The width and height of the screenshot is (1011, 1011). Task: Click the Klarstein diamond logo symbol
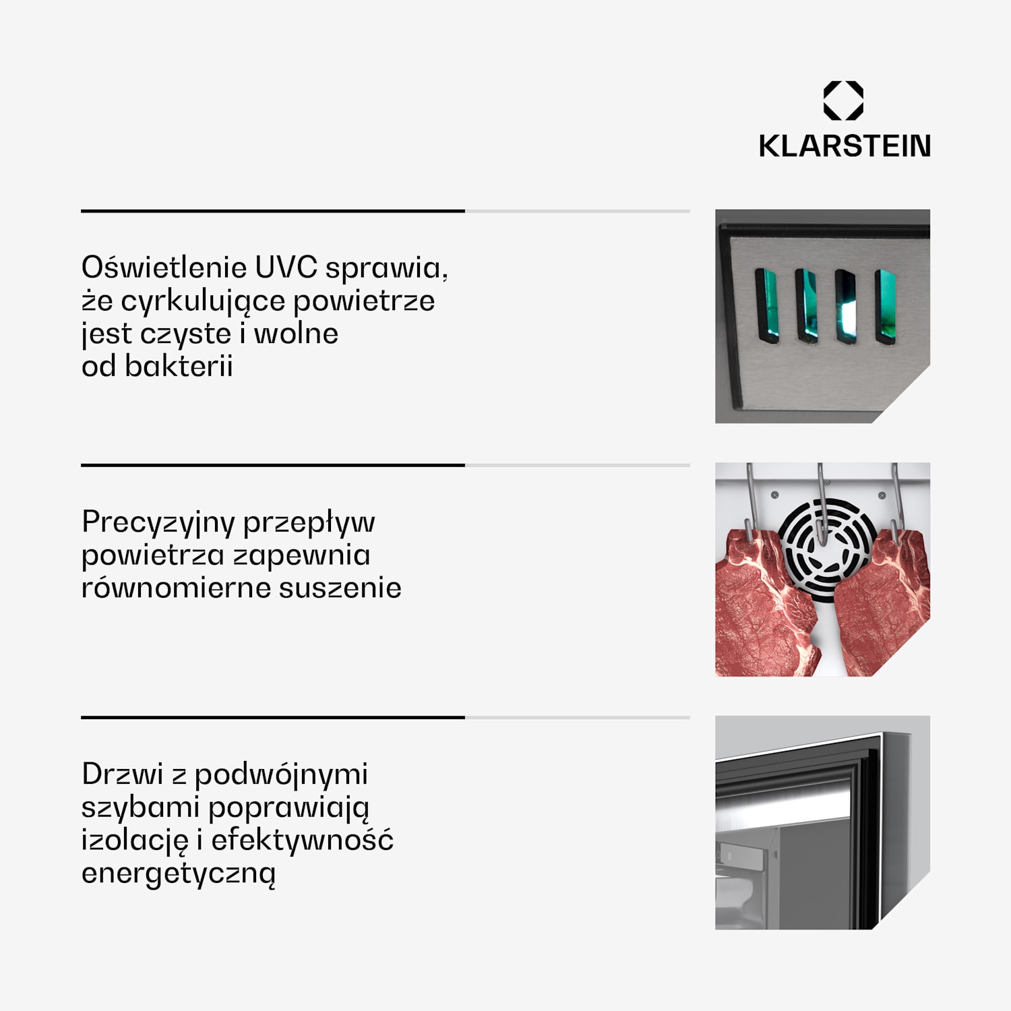pos(843,100)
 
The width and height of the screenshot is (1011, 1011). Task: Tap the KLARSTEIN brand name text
pos(845,146)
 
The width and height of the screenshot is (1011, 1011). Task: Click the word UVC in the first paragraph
pos(286,268)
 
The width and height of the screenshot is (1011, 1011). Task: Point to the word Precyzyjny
pos(158,523)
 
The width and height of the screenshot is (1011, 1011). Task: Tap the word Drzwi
pos(123,774)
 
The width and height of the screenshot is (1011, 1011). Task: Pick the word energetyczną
pos(179,874)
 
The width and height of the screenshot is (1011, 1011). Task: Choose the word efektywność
pos(302,840)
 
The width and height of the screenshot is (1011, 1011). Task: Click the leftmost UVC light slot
pos(767,305)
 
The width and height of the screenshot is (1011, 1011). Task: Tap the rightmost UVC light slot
pos(886,307)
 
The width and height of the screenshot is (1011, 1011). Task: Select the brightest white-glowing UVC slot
pos(846,307)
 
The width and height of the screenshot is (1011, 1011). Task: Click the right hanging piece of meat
pos(883,602)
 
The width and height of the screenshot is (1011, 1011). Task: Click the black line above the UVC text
pos(273,211)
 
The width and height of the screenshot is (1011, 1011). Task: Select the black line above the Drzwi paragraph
pos(273,718)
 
